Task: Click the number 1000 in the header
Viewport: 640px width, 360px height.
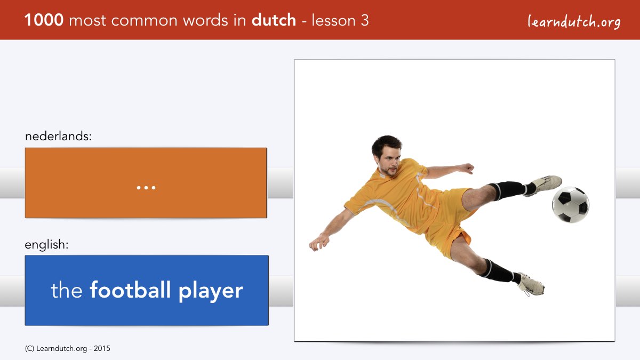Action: click(x=44, y=20)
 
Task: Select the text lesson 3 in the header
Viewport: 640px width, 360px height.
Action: click(x=340, y=20)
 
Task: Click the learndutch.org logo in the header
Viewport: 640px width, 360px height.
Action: click(x=574, y=22)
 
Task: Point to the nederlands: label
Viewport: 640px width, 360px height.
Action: click(x=58, y=136)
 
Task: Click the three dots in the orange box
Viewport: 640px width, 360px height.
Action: click(x=146, y=188)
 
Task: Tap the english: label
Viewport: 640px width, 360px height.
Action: click(x=46, y=245)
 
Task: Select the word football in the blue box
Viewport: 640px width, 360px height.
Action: click(x=130, y=290)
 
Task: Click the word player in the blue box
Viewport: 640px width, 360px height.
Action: click(x=211, y=291)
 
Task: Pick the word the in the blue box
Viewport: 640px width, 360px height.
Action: click(x=67, y=290)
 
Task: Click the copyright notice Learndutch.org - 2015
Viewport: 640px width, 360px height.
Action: click(x=67, y=349)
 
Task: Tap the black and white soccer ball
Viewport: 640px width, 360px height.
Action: click(x=571, y=205)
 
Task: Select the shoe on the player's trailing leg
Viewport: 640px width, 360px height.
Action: click(x=531, y=284)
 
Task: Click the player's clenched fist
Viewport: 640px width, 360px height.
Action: click(x=467, y=169)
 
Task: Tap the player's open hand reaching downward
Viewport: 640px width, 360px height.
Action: click(x=319, y=243)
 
